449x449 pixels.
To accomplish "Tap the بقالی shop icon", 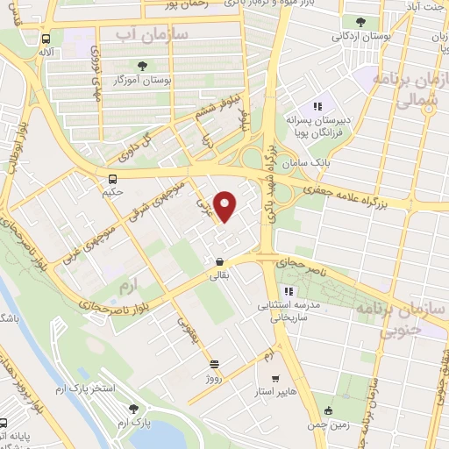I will coord(218,261).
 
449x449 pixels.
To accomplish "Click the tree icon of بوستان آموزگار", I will coord(143,65).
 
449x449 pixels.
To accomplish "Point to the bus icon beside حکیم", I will coord(110,179).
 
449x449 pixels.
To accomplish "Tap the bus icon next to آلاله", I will coord(46,39).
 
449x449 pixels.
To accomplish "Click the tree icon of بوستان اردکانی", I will coord(360,22).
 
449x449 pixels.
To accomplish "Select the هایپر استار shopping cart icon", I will coord(275,380).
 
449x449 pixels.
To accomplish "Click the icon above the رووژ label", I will coord(214,361).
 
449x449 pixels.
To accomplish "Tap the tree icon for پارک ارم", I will coord(133,408).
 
